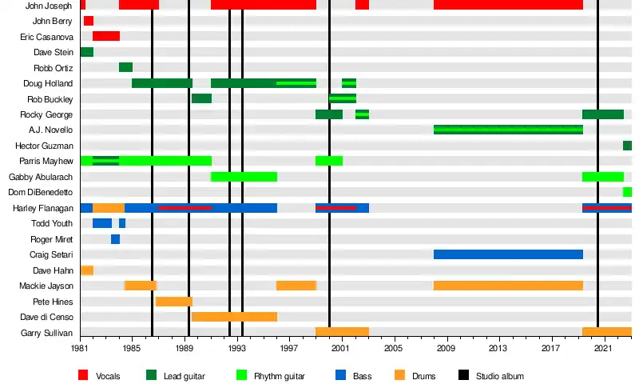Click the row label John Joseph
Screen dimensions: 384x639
(x=49, y=6)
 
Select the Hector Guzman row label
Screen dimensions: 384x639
(x=44, y=146)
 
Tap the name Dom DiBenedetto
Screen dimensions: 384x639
(x=41, y=192)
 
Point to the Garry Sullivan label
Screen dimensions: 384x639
(x=47, y=333)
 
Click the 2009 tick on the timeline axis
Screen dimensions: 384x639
(x=446, y=350)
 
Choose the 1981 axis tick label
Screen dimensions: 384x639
(x=80, y=350)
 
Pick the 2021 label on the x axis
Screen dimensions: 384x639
(x=603, y=350)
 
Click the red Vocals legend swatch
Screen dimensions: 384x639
(x=83, y=375)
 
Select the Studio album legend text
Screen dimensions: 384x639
(x=500, y=375)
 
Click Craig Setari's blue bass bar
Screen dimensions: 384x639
(x=508, y=254)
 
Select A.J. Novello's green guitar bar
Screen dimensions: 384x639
(x=508, y=130)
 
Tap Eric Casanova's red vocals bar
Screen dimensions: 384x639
(x=106, y=36)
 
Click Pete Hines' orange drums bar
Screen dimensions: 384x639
(x=173, y=302)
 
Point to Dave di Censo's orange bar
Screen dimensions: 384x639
(x=234, y=317)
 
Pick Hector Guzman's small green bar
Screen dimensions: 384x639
(x=627, y=146)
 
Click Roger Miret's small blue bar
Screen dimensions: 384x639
(x=115, y=239)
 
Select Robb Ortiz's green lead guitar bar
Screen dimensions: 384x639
(x=125, y=67)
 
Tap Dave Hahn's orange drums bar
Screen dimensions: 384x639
(x=86, y=270)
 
